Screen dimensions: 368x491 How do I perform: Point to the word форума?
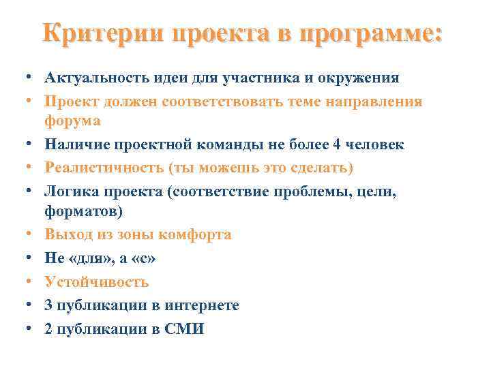tap(72, 121)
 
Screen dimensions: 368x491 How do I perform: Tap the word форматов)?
tap(84, 212)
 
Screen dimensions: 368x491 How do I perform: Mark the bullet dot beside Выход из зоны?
tap(23, 235)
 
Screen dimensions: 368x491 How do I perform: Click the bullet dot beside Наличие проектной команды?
tap(23, 144)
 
